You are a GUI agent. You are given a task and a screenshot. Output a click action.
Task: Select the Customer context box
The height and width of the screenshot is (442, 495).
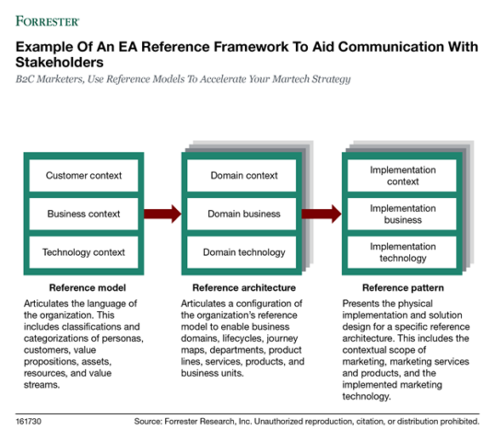click(x=84, y=175)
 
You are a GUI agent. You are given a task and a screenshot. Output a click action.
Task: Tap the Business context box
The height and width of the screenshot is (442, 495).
click(x=84, y=214)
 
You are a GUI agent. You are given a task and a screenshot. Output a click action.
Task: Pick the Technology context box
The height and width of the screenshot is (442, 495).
click(x=84, y=251)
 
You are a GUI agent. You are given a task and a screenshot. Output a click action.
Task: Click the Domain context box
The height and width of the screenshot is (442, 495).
click(x=242, y=175)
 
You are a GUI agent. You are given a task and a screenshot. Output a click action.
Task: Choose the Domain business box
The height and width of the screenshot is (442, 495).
click(x=242, y=214)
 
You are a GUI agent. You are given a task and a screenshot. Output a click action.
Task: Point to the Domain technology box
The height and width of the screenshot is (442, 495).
click(x=242, y=251)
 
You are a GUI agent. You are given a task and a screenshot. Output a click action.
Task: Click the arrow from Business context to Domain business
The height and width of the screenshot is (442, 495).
click(x=163, y=214)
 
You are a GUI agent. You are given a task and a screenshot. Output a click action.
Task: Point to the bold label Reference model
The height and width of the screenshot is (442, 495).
click(x=84, y=287)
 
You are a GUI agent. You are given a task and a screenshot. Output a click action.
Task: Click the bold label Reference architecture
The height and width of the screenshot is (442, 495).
click(x=243, y=287)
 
